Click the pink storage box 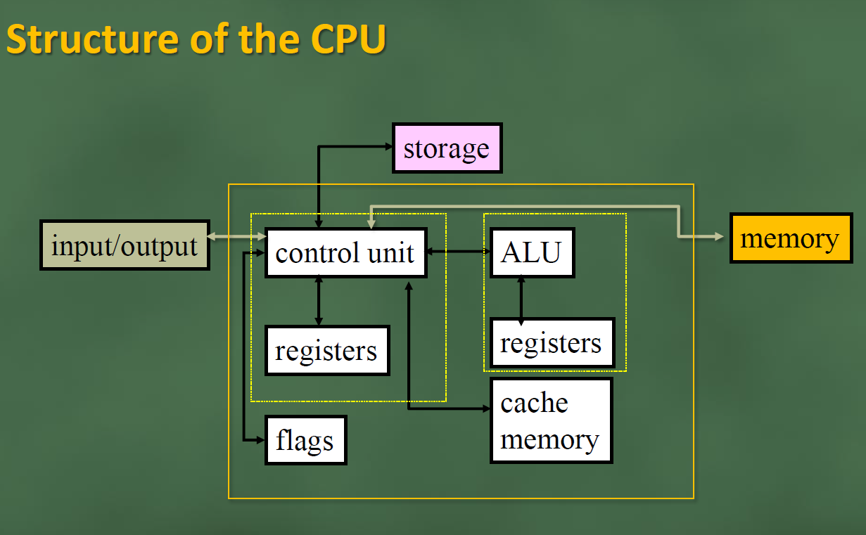tap(447, 148)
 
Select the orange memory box tap(791, 238)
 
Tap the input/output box tap(125, 246)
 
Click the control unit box tap(345, 252)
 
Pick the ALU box tap(532, 252)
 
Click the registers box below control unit tap(327, 350)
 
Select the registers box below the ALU tap(552, 343)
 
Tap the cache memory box tap(551, 420)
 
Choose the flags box tap(305, 441)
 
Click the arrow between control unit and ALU tap(458, 250)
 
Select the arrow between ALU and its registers tap(521, 299)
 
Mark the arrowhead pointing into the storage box tap(387, 146)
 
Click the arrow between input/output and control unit tap(237, 237)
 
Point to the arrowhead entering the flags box tap(260, 440)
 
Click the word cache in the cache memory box tap(534, 404)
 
